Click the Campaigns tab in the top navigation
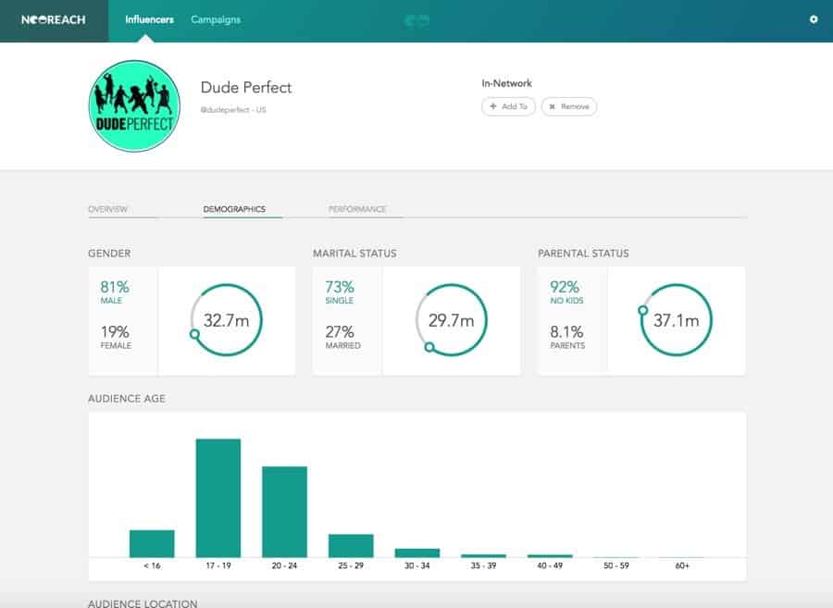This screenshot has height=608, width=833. pyautogui.click(x=216, y=19)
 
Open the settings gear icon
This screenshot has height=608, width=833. pyautogui.click(x=814, y=19)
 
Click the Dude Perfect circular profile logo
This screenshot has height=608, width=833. pyautogui.click(x=133, y=106)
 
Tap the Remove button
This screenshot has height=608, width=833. pyautogui.click(x=569, y=106)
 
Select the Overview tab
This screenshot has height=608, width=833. pyautogui.click(x=107, y=209)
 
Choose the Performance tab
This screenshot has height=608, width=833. pyautogui.click(x=357, y=209)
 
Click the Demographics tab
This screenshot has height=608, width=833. pyautogui.click(x=234, y=209)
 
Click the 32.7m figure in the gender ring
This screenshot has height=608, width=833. pyautogui.click(x=227, y=320)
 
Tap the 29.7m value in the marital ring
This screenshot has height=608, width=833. pyautogui.click(x=451, y=320)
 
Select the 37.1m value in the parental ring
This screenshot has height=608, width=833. pyautogui.click(x=676, y=320)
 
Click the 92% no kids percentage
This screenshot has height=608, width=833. pyautogui.click(x=564, y=287)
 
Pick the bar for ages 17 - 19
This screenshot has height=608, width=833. pyautogui.click(x=218, y=498)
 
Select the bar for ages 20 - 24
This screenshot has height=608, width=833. pyautogui.click(x=285, y=512)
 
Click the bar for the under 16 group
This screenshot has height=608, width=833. pyautogui.click(x=152, y=543)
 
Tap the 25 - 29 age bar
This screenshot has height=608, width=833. pyautogui.click(x=351, y=546)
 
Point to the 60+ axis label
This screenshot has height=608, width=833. pyautogui.click(x=682, y=565)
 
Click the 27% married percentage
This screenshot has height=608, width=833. pyautogui.click(x=340, y=332)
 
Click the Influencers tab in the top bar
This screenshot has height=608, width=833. pyautogui.click(x=149, y=19)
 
